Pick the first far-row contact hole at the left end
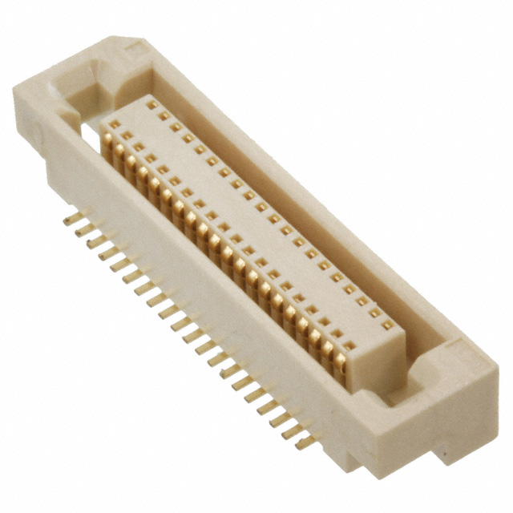click(151, 104)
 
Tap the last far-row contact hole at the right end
click(388, 325)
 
